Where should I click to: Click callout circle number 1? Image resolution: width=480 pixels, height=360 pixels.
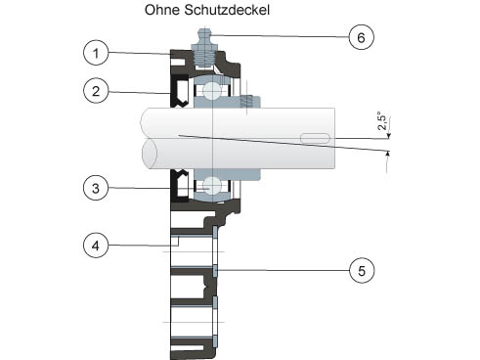(96, 53)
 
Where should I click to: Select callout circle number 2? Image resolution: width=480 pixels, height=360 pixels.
(96, 91)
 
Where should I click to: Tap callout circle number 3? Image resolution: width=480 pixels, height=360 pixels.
(96, 188)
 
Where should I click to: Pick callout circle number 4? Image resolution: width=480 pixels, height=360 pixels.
(96, 246)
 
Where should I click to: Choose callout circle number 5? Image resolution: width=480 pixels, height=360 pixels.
(362, 270)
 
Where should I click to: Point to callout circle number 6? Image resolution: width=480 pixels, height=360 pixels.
(362, 37)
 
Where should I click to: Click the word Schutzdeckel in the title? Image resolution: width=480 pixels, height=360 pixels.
(227, 10)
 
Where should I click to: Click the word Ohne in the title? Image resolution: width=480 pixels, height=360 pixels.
(162, 10)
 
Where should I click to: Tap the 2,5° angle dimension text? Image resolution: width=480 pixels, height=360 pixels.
(382, 121)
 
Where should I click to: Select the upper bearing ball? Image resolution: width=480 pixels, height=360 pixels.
(212, 90)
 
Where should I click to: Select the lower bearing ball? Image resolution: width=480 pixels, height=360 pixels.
(212, 186)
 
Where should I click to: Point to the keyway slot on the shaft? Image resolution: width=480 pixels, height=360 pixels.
(315, 138)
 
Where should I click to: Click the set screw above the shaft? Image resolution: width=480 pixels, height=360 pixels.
(246, 101)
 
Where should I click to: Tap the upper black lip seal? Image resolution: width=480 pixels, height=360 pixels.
(179, 92)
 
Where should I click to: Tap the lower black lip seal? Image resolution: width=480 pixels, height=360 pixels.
(179, 185)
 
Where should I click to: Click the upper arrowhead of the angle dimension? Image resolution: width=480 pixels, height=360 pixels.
(388, 136)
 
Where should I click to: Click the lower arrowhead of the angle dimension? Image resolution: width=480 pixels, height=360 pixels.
(387, 154)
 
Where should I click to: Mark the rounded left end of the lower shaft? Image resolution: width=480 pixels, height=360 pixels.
(150, 154)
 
